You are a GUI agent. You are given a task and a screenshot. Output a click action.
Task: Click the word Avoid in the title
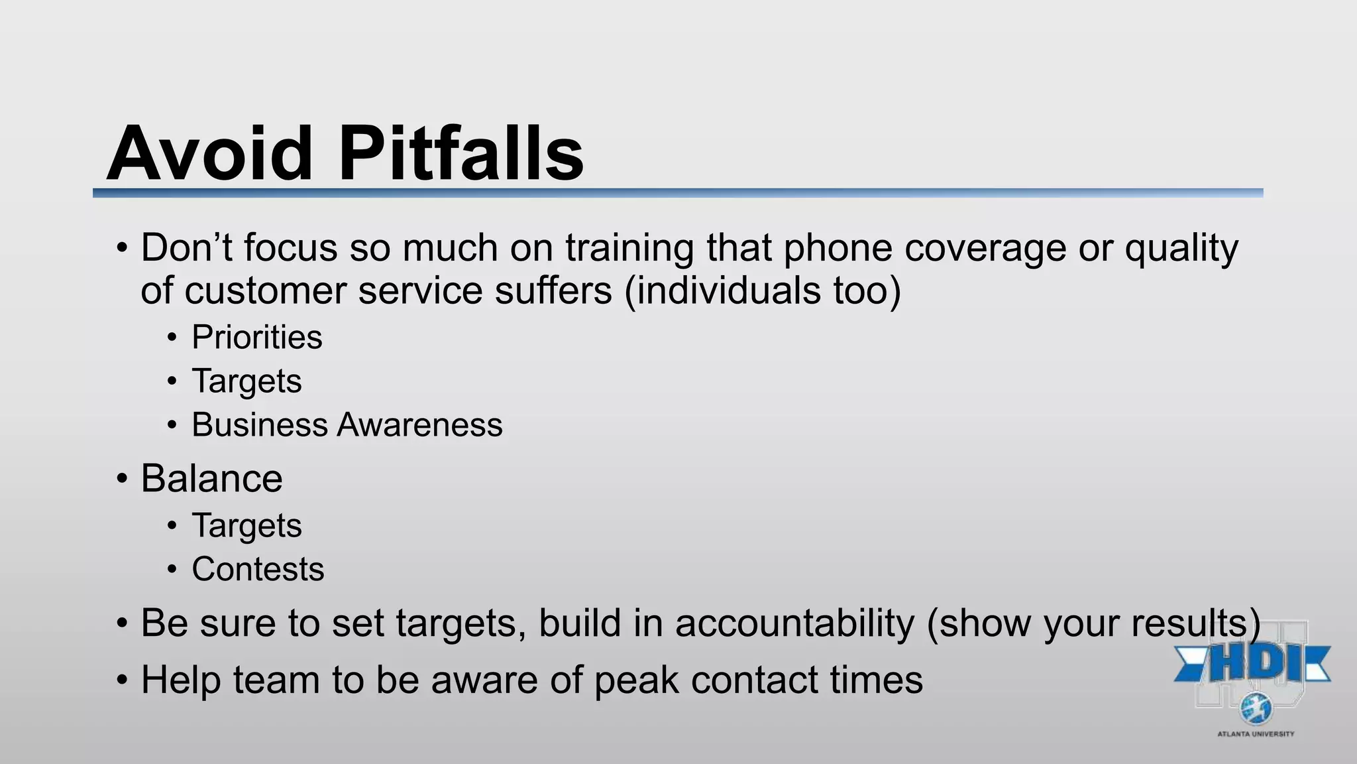(209, 154)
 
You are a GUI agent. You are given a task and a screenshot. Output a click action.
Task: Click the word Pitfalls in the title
(461, 154)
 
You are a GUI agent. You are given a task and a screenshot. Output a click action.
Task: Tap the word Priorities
(257, 337)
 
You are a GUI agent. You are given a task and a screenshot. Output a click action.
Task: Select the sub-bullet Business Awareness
(347, 424)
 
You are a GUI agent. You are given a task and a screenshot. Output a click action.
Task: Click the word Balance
(211, 478)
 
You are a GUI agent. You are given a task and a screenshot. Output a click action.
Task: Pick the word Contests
(258, 569)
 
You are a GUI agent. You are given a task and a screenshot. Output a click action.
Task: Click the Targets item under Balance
(246, 526)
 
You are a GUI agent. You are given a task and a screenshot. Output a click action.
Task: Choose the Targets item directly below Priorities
(246, 381)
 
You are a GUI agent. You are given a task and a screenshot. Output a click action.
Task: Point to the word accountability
(794, 623)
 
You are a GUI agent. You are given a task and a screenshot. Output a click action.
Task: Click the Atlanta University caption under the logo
(1256, 734)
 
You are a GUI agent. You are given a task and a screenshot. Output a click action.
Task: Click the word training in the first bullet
(629, 249)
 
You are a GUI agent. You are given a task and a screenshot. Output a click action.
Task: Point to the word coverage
(985, 249)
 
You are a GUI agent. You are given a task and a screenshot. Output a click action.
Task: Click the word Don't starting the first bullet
(186, 247)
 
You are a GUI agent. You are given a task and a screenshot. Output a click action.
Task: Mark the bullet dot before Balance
(121, 479)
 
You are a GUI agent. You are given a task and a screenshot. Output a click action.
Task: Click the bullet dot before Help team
(121, 680)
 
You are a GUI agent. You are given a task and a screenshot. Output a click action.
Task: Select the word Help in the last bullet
(180, 680)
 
